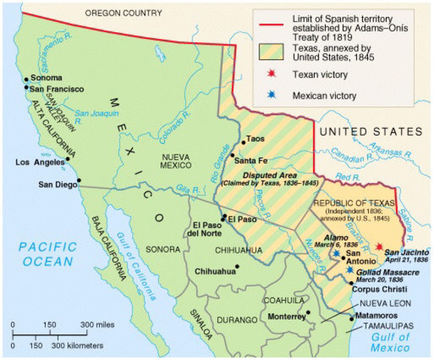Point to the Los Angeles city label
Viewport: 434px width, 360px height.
[x=40, y=162]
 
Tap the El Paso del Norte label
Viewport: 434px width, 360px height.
[x=206, y=229]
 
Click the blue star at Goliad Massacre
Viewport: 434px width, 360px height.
[x=350, y=268]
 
